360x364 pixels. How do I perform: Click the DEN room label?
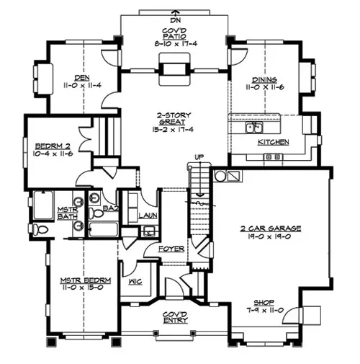(x=82, y=78)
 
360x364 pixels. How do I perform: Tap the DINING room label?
(x=264, y=79)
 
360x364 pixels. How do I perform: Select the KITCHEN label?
(x=274, y=142)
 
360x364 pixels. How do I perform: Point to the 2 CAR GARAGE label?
(x=271, y=228)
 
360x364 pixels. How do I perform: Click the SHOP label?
(x=264, y=302)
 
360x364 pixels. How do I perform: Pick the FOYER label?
(x=171, y=249)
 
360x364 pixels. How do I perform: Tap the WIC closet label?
(x=135, y=281)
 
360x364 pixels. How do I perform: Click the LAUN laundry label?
(x=148, y=216)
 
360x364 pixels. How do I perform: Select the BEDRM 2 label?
(x=53, y=146)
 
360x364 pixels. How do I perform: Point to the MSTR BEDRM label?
(x=86, y=280)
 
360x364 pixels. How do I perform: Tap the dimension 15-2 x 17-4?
(x=173, y=130)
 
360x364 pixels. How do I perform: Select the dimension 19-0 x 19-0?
(x=269, y=236)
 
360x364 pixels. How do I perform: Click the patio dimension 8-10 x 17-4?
(x=176, y=44)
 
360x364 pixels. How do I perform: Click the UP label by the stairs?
(x=199, y=157)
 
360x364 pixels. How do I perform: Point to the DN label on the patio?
(x=176, y=20)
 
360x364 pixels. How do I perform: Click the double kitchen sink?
(x=254, y=128)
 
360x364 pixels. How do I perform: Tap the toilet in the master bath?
(x=39, y=229)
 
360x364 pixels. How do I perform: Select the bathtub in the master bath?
(x=43, y=205)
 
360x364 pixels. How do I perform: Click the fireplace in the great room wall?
(x=174, y=69)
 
